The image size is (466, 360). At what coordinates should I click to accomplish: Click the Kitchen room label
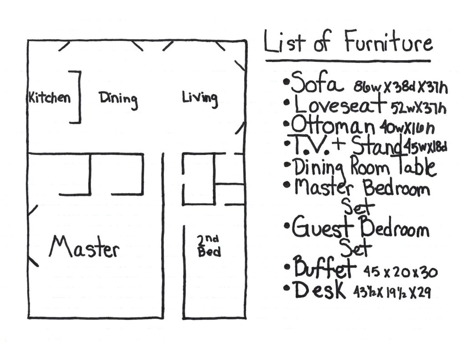[50, 97]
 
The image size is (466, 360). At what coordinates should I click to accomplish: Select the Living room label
[200, 98]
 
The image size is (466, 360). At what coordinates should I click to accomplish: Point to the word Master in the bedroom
[84, 248]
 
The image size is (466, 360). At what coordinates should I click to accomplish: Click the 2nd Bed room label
[209, 246]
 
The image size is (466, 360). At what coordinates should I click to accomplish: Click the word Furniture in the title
[388, 44]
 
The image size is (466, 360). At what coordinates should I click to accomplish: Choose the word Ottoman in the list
[333, 124]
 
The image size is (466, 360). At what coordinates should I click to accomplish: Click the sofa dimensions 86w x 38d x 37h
[400, 87]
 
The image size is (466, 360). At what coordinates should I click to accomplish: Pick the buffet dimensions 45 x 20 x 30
[400, 273]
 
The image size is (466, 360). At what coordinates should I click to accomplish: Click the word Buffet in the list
[324, 269]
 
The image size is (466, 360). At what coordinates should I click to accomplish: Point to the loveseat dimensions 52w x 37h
[418, 108]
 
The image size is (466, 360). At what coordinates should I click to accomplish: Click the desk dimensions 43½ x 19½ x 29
[392, 293]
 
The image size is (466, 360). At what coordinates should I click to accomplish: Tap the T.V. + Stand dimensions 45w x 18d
[426, 147]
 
